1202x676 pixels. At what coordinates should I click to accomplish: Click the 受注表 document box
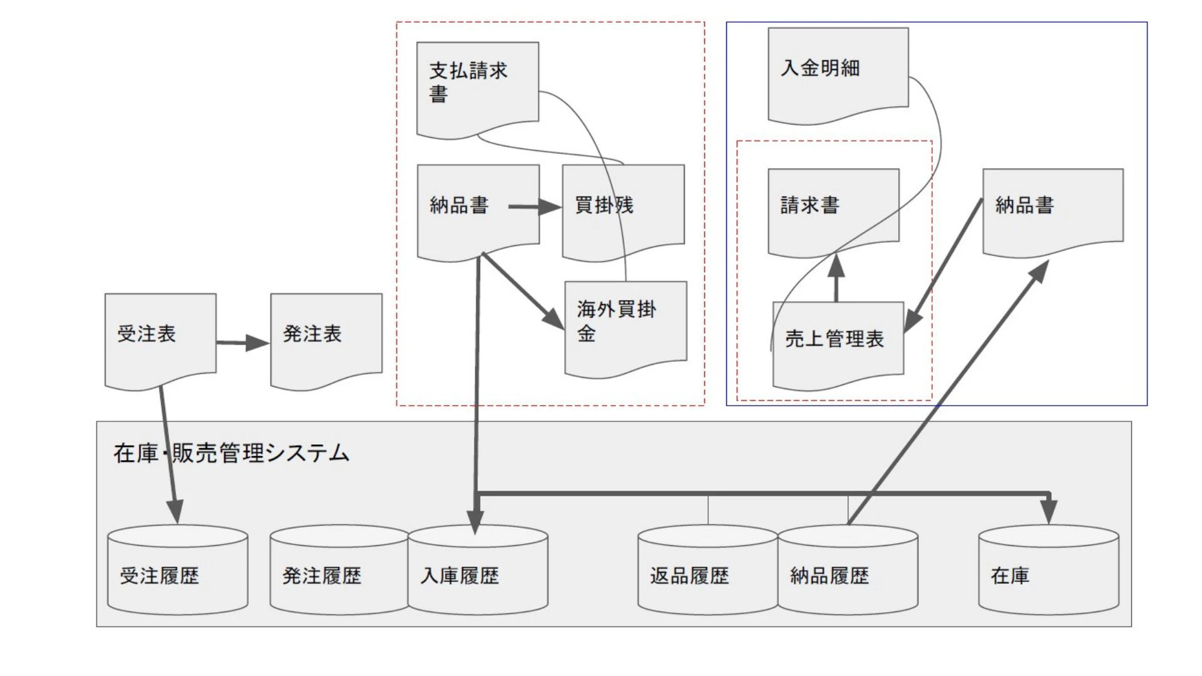click(160, 338)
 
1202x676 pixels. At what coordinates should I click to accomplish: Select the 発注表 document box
click(326, 338)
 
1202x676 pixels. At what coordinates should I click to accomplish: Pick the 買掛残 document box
click(622, 210)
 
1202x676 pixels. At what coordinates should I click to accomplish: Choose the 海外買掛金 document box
click(625, 325)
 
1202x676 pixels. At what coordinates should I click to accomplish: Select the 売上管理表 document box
click(838, 341)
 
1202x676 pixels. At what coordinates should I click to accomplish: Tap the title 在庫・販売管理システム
click(231, 453)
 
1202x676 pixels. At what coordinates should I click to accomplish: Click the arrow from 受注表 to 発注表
click(243, 342)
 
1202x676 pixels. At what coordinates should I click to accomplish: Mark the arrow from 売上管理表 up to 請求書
click(836, 279)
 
